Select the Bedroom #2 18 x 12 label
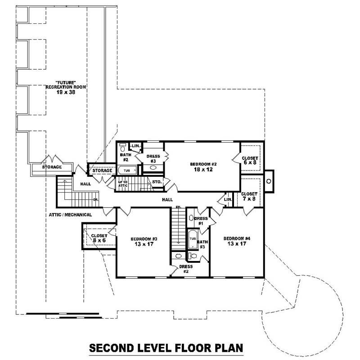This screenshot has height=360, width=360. pos(203,167)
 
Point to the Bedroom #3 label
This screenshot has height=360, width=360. pos(144,242)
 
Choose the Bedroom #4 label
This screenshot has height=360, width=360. pos(237,242)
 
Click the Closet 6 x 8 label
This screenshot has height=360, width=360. pos(250,161)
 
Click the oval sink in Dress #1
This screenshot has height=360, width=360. pos(192,218)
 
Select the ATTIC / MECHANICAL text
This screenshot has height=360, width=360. pos(70,215)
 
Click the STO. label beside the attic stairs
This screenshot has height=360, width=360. pos(157,182)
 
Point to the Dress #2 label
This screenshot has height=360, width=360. pos(186,269)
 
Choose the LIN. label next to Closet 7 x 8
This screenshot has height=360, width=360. pos(228,199)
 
